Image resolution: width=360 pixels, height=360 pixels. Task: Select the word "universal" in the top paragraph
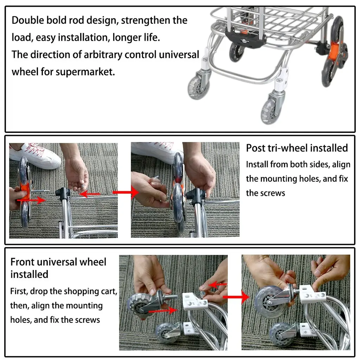[179, 54]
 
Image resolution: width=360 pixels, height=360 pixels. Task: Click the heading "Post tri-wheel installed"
[297, 148]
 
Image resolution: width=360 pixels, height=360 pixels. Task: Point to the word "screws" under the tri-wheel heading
[273, 193]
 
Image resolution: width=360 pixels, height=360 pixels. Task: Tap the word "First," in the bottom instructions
[19, 291]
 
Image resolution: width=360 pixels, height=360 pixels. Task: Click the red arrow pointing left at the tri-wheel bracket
[90, 194]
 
